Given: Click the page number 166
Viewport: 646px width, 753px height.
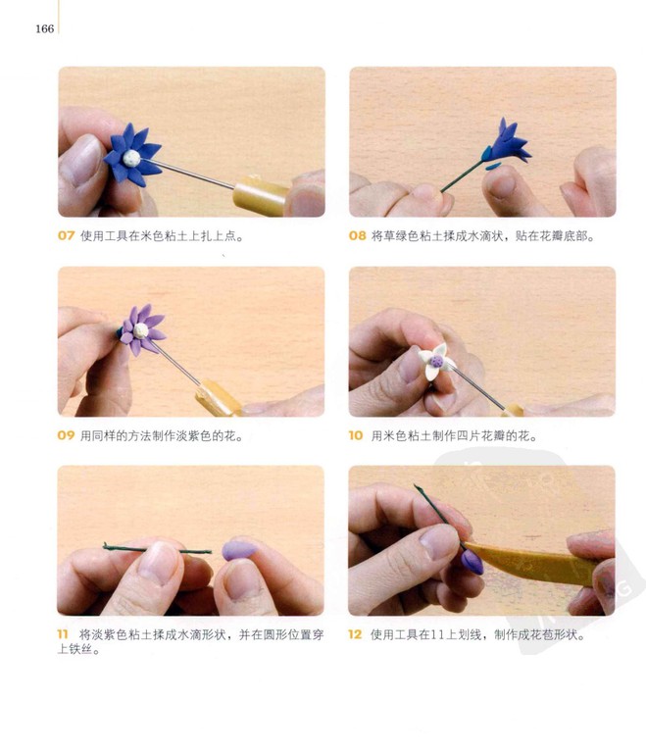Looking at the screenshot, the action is pyautogui.click(x=44, y=28).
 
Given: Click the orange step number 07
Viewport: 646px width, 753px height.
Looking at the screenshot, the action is pyautogui.click(x=67, y=235).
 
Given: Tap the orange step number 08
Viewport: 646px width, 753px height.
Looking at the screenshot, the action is pyautogui.click(x=358, y=235).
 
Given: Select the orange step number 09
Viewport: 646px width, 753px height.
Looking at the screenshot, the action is pyautogui.click(x=66, y=435).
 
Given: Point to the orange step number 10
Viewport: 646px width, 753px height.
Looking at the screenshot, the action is pyautogui.click(x=356, y=435).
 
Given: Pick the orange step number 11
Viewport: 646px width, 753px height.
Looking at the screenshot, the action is pyautogui.click(x=63, y=634).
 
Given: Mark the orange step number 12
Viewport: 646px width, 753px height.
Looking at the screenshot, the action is pyautogui.click(x=355, y=634).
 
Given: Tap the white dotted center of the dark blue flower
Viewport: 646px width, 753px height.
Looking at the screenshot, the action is pyautogui.click(x=131, y=158).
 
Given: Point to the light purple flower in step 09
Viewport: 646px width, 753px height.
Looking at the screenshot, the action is pyautogui.click(x=142, y=329).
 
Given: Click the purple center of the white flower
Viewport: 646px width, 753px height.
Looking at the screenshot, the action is pyautogui.click(x=436, y=361).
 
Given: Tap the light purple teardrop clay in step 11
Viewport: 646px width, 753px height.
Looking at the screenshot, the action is pyautogui.click(x=239, y=550).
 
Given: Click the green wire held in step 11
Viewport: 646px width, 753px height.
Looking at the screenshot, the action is pyautogui.click(x=158, y=548).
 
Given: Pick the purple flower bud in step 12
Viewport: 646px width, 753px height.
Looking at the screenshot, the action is pyautogui.click(x=472, y=562).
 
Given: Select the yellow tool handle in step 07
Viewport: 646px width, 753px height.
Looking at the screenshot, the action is pyautogui.click(x=261, y=195).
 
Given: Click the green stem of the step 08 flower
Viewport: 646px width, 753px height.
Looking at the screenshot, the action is pyautogui.click(x=462, y=176).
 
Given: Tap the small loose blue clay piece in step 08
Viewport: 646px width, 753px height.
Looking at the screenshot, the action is pyautogui.click(x=493, y=166).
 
